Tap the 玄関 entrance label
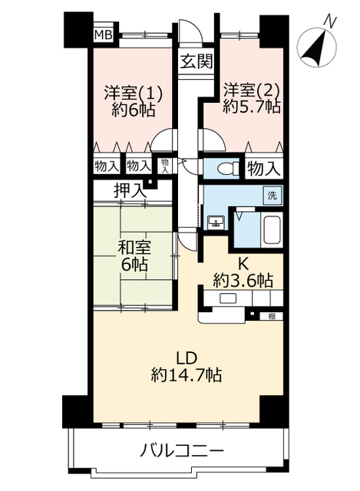point(197,61)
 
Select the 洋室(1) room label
point(133,93)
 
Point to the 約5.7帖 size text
point(251,107)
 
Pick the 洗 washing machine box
point(272,196)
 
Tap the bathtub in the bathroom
point(272,230)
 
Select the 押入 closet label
point(130,190)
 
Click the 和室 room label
point(134,249)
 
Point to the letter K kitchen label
point(243,265)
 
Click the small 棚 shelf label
point(271,316)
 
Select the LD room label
point(187,358)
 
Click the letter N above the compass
point(330,21)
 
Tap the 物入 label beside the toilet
point(263,170)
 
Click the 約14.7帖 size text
point(187,374)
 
